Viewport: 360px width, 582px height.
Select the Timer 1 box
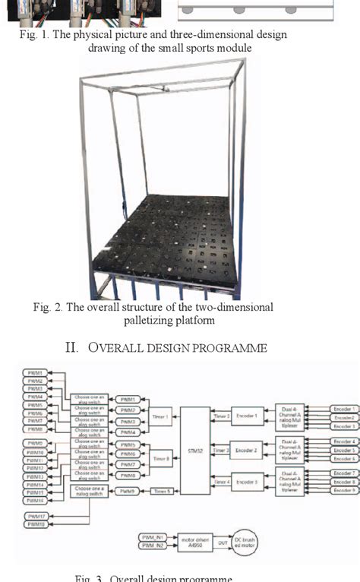pos(161,416)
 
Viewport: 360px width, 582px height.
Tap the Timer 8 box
pos(161,459)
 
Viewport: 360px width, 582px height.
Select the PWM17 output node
pos(35,516)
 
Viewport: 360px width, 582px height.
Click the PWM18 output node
pos(35,524)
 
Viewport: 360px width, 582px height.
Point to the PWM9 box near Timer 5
pos(127,492)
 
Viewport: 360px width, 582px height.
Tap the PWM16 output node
pos(35,500)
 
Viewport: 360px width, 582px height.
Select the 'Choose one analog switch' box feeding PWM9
pos(90,492)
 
